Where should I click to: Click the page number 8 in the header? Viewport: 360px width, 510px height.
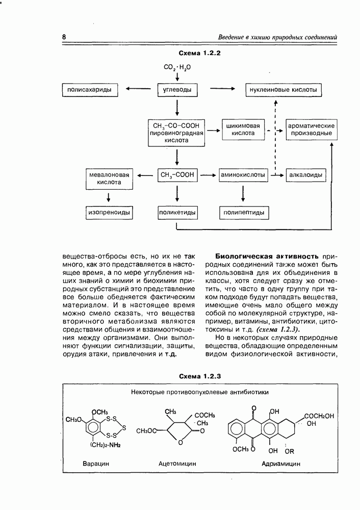(x=64, y=37)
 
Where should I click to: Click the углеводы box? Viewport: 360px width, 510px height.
(x=177, y=90)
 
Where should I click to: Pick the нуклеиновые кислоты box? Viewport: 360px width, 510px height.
(x=284, y=90)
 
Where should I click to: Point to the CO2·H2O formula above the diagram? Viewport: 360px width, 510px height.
(x=177, y=67)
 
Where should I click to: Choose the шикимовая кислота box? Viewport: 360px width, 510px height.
(x=243, y=130)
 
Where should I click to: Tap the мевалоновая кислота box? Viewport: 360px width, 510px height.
(x=109, y=178)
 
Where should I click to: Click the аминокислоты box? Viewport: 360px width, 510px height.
(x=243, y=174)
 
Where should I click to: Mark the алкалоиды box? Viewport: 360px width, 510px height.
(x=305, y=174)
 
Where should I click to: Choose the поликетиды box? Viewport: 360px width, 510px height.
(x=177, y=212)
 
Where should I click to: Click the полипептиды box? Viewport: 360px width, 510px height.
(x=243, y=212)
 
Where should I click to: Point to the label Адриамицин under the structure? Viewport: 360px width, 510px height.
(x=280, y=464)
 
